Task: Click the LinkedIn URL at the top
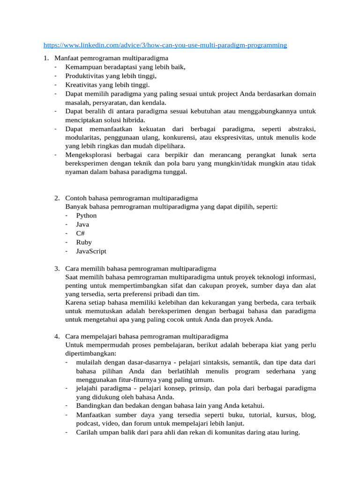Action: point(165,45)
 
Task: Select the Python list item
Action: point(86,216)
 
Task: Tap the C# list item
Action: point(81,233)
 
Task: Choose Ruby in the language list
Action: point(84,242)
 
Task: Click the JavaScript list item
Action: point(91,251)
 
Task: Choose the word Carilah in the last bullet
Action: point(87,433)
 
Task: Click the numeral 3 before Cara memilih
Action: point(56,269)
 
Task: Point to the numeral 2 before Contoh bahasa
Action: point(56,198)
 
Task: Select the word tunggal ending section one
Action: point(176,172)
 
